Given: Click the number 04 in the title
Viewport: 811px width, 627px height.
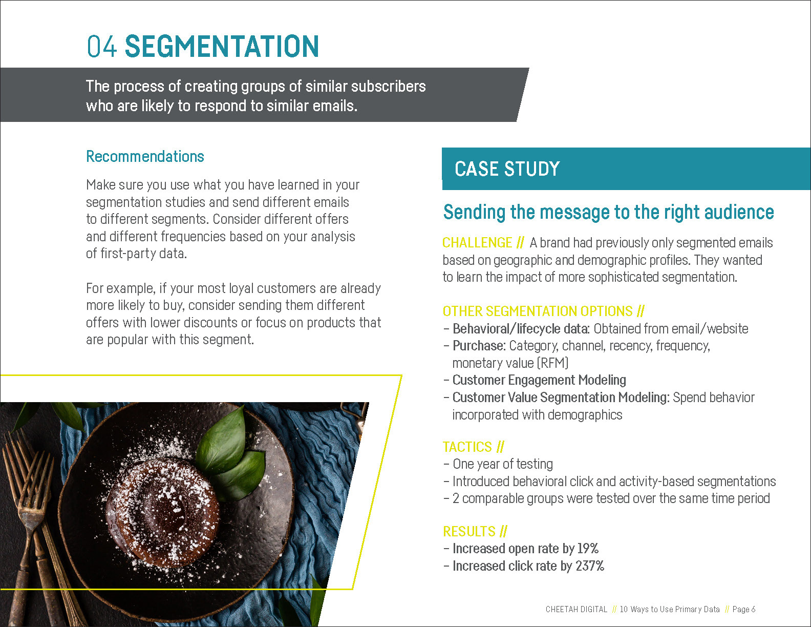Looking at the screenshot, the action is tap(101, 46).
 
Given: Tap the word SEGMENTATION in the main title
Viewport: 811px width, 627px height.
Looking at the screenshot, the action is tap(222, 46).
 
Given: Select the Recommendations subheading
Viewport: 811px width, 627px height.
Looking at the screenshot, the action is tap(145, 156).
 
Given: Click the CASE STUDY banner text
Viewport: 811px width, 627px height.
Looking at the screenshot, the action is tap(507, 169).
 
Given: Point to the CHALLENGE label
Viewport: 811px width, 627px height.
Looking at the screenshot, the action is tap(477, 243).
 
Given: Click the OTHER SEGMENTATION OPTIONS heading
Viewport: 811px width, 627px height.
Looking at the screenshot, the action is tap(538, 311).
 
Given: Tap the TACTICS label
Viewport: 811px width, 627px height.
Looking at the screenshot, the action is tap(467, 447).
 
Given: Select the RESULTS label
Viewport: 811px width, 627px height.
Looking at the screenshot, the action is tap(469, 531).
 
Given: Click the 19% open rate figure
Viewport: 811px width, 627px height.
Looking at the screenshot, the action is tap(588, 548).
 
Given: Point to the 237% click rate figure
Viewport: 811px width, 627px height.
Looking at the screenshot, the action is tap(590, 566).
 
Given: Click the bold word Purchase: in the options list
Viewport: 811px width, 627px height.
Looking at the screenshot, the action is tap(479, 346).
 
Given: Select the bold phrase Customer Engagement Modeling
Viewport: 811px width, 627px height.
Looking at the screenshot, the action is tap(539, 380).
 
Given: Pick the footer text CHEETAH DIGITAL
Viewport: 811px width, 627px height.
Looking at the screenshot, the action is tap(576, 610).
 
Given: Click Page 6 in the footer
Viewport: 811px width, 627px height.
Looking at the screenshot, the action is tap(744, 610).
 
